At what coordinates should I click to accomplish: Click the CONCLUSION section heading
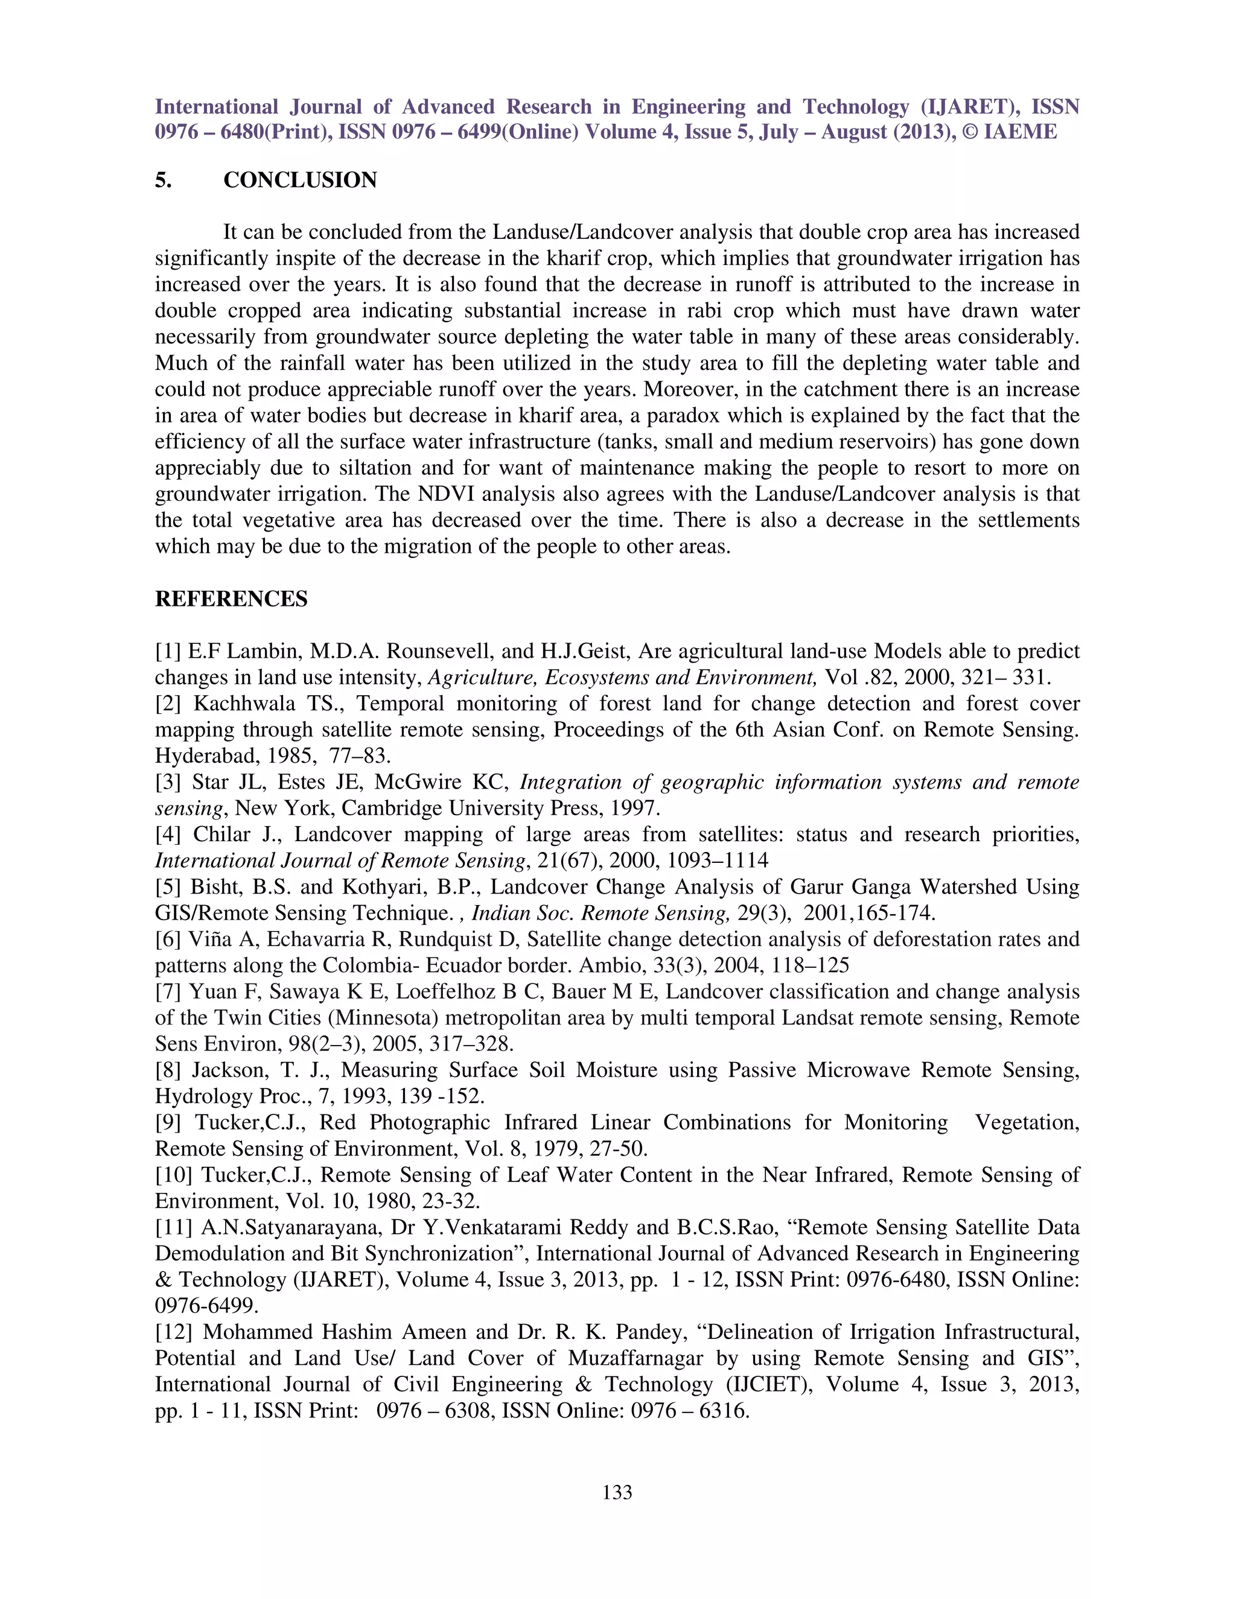[299, 180]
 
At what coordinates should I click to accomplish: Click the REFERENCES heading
[231, 599]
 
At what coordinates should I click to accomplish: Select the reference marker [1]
[168, 652]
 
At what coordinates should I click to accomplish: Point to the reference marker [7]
[168, 992]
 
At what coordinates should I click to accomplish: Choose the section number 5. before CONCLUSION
[164, 180]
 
